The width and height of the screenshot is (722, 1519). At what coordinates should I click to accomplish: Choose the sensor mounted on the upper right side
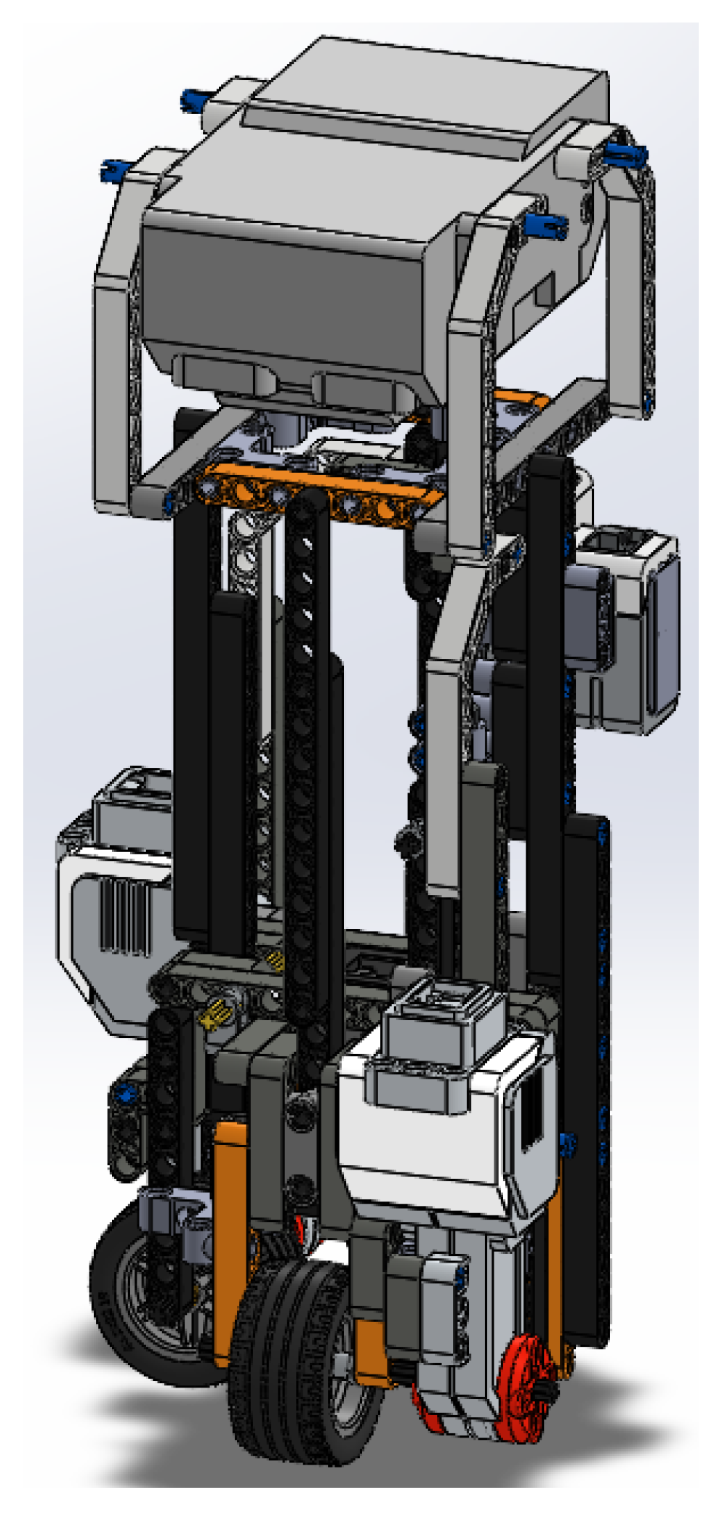[625, 625]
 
